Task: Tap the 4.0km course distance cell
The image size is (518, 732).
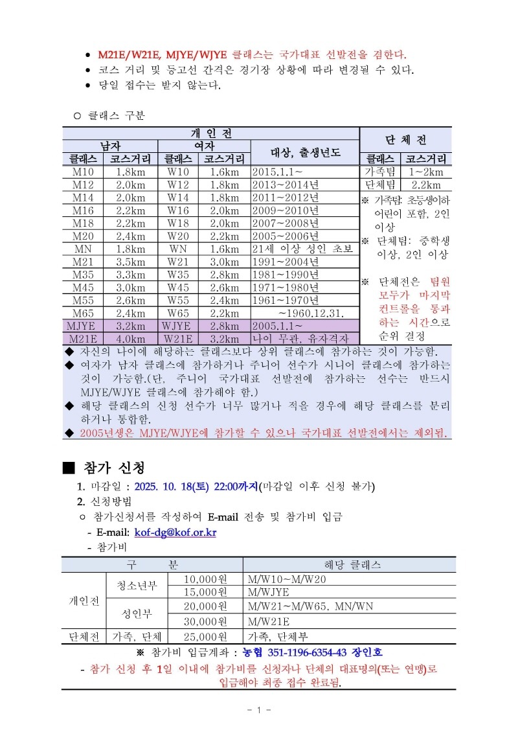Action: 130,337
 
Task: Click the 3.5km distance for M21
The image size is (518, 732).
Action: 130,262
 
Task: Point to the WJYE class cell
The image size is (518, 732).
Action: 176,325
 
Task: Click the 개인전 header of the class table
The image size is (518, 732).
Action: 210,133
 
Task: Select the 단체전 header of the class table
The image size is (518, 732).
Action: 405,140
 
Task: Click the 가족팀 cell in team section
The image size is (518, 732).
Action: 380,172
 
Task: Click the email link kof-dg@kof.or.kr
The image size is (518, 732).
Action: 175,532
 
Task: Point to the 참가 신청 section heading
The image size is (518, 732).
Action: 113,468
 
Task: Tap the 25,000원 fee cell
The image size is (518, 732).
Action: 205,636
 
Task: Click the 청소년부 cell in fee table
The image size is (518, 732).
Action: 137,586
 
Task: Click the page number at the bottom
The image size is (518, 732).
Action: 258,711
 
